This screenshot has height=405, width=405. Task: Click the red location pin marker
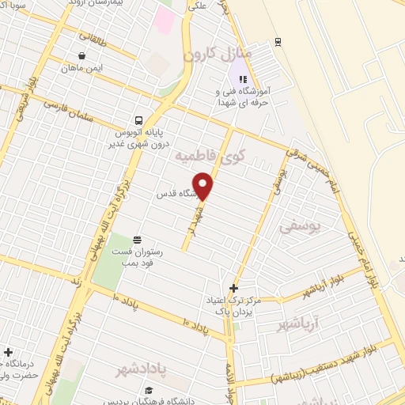click(204, 187)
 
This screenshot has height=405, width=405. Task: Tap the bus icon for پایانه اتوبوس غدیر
click(138, 121)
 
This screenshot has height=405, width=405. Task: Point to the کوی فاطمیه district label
click(209, 156)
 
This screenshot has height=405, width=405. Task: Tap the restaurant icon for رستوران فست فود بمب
click(137, 238)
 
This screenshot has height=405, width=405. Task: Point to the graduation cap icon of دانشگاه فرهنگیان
click(149, 390)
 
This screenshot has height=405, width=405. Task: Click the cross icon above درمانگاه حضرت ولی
click(8, 352)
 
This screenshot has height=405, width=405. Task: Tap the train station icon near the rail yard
click(277, 42)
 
